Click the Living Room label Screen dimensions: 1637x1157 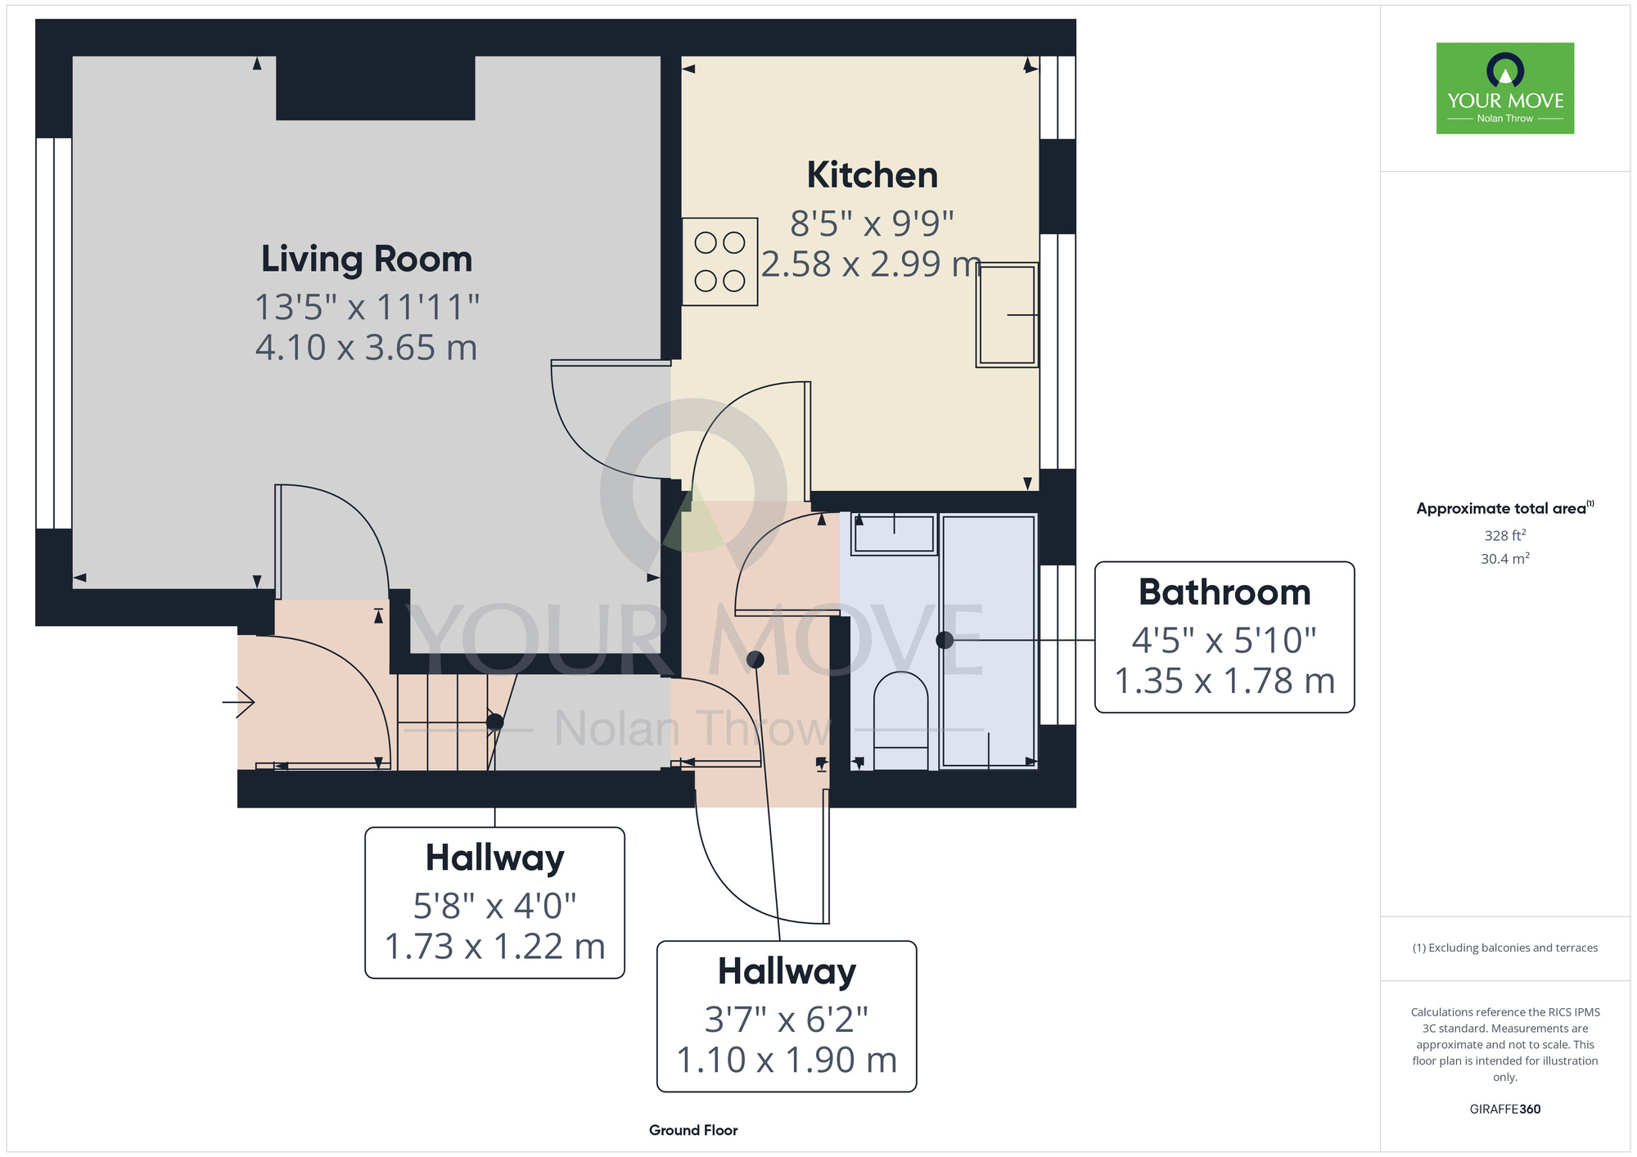point(367,259)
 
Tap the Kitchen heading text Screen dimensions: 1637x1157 point(873,175)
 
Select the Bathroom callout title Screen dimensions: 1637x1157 point(1224,592)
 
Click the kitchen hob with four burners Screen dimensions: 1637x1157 point(719,262)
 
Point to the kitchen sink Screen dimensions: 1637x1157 point(1008,314)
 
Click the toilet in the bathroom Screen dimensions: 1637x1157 point(901,721)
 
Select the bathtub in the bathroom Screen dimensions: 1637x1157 point(989,641)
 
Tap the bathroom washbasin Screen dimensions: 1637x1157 point(894,533)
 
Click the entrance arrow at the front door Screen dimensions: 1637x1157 point(238,702)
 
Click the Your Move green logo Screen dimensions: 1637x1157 point(1505,88)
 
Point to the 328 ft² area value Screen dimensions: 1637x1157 point(1505,535)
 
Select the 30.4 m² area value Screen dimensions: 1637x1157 point(1505,559)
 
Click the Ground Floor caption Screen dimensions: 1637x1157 point(693,1130)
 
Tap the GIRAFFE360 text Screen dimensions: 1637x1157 point(1504,1110)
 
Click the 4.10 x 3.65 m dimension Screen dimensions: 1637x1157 point(366,348)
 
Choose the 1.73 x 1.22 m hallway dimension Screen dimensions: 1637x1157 point(494,947)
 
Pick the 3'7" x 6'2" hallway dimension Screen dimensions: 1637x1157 point(786,1020)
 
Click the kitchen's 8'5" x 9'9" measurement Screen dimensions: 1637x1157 point(872,223)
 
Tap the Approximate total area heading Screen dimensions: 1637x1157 point(1505,508)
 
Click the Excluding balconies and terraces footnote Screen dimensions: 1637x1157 point(1505,948)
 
